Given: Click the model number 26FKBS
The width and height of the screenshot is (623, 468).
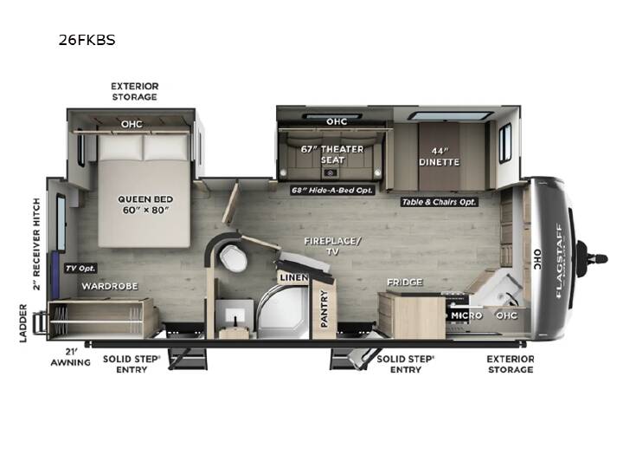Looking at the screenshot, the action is coord(87,40).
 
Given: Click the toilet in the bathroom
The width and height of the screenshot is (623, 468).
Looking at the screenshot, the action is coord(234,257).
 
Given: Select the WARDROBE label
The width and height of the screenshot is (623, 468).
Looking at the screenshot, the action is coord(110,286).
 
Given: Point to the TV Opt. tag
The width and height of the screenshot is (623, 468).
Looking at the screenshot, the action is coord(80,268).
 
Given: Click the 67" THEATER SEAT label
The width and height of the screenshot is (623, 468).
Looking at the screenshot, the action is coord(332,154).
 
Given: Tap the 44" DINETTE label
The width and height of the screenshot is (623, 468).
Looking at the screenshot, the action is coord(439,157).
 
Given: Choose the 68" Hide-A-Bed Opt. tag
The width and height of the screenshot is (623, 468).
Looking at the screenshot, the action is coord(332,190).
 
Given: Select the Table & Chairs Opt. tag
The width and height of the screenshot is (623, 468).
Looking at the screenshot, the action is coord(439,202).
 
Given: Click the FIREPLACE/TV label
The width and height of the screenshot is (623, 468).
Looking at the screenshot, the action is coord(332,246).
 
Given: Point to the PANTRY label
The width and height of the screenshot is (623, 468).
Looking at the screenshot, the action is coord(324,309).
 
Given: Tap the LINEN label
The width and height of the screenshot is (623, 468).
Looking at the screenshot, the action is coord(293,277).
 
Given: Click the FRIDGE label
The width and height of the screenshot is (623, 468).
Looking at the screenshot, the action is coord(405,283).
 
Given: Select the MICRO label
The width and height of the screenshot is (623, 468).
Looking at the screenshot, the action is coord(466,315).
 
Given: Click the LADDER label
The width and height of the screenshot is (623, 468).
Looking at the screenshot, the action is coord(23,323).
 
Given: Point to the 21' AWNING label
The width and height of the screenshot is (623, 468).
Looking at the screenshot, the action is coord(71,357).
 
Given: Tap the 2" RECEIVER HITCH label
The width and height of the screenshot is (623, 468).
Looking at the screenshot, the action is coord(36,244).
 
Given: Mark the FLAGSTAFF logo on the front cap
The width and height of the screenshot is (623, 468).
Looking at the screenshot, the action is coord(559,261).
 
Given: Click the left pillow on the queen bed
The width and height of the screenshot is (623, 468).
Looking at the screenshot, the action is coord(120,147).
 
